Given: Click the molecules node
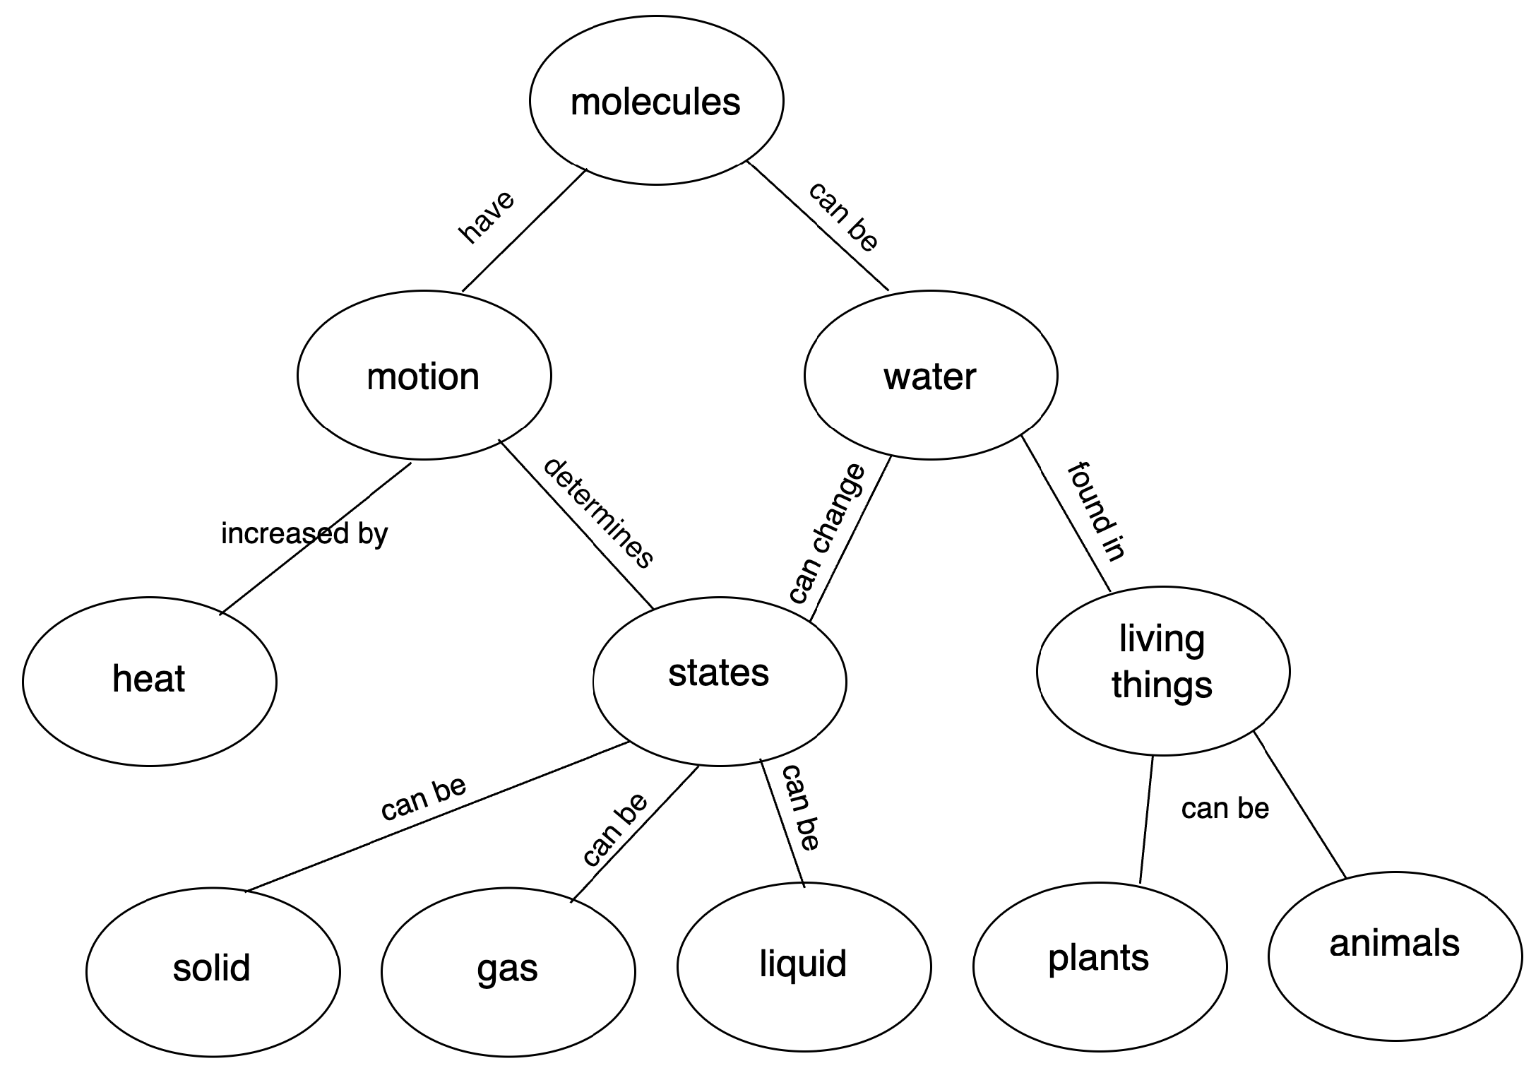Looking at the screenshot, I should [x=656, y=100].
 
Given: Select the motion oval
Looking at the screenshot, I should [x=424, y=375].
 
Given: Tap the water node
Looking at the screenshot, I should [x=931, y=375].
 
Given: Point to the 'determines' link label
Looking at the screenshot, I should [x=598, y=514].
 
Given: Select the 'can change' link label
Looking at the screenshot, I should [x=826, y=533].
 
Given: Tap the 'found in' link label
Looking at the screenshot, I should [x=1095, y=511].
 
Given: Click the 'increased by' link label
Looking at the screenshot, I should [x=304, y=533].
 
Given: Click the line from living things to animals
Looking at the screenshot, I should [x=1300, y=805].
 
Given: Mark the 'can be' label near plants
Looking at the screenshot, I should [x=1225, y=809].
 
